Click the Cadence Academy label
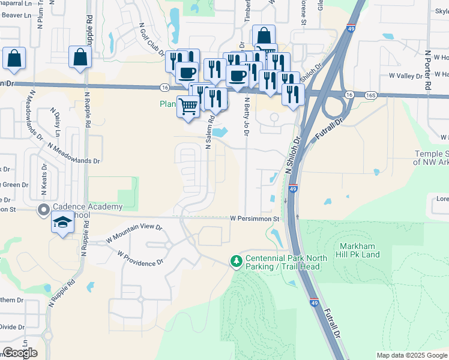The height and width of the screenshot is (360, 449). pyautogui.click(x=88, y=207)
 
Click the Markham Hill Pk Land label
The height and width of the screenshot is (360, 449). pyautogui.click(x=360, y=250)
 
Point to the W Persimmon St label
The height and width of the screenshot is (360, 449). pyautogui.click(x=255, y=219)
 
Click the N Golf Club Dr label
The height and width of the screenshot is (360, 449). pyautogui.click(x=152, y=40)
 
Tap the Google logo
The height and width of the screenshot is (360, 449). pyautogui.click(x=20, y=353)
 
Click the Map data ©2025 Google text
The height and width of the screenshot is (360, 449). pyautogui.click(x=412, y=355)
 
